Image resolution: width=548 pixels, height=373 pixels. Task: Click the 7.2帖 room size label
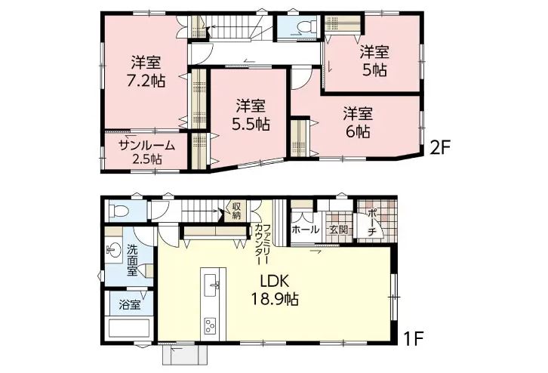[146, 82]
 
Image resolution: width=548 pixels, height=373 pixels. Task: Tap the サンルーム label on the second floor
[146, 145]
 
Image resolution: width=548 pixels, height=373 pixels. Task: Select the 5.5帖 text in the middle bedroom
[251, 124]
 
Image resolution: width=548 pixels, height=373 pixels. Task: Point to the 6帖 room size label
[358, 132]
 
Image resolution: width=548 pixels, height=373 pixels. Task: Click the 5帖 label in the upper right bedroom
[374, 70]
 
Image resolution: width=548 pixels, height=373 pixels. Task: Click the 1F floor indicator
[414, 338]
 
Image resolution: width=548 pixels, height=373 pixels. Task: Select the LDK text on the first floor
[274, 281]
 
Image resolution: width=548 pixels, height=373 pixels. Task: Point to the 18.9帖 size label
[275, 299]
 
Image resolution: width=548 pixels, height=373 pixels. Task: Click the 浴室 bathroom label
[130, 304]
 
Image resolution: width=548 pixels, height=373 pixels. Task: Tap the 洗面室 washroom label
[132, 260]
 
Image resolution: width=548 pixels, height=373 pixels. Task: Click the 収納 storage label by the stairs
[236, 210]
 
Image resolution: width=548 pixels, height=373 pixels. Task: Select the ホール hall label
[305, 230]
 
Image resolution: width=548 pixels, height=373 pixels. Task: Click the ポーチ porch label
[372, 222]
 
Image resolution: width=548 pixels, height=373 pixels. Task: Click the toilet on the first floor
[118, 211]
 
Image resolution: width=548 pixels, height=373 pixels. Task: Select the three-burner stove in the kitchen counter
[211, 326]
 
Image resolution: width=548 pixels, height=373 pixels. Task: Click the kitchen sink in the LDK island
[212, 285]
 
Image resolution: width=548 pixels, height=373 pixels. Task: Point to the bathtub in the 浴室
[130, 328]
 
